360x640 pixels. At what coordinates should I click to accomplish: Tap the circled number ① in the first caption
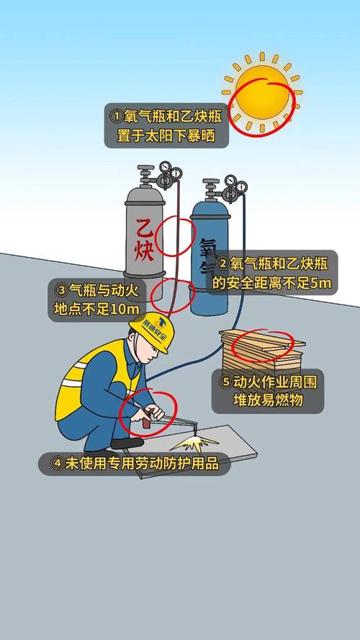click(116, 115)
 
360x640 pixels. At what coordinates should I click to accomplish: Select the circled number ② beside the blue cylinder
click(223, 264)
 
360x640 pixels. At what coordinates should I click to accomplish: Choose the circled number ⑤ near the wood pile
click(226, 381)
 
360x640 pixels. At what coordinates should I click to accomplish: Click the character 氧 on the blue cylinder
click(208, 249)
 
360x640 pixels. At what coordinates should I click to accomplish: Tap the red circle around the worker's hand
click(147, 413)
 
